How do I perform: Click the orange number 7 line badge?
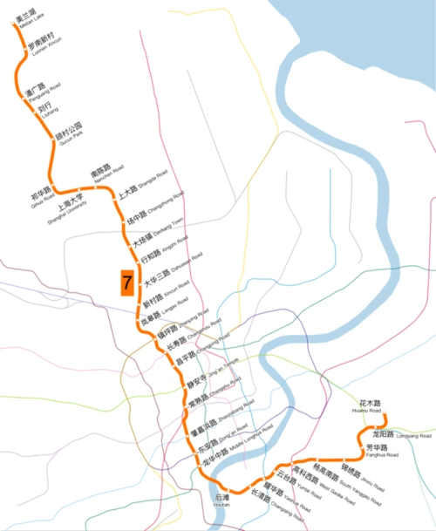[127, 283]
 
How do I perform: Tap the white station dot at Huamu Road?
[385, 416]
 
